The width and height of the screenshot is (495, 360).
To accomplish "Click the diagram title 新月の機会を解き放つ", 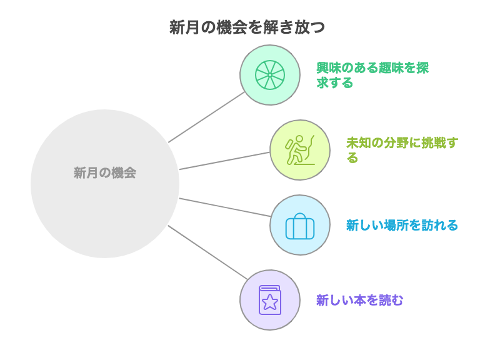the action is point(247,27).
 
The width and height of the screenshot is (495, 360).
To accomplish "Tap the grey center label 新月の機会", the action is point(105,173).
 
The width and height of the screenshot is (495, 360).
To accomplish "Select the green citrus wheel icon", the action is point(270,75).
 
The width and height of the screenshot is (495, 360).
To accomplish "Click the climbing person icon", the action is point(300,150).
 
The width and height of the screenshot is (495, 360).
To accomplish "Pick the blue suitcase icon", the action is point(300,226).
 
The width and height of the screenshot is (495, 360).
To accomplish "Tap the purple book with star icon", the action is point(270,300).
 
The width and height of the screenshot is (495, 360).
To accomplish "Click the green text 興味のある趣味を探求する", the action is point(372,75).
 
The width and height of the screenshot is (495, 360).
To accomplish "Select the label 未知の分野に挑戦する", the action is point(402,150).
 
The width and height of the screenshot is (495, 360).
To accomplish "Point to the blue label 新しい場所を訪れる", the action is point(402,225).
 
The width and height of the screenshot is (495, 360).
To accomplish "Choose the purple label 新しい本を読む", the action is point(360,300).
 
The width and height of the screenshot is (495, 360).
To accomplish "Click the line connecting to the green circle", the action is point(207,117).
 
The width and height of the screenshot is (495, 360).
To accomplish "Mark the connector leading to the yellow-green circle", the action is point(225,161).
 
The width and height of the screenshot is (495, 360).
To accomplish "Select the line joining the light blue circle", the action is point(225,207).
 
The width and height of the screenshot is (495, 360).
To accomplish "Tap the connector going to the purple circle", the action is point(207,252).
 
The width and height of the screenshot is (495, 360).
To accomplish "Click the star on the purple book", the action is point(270,302).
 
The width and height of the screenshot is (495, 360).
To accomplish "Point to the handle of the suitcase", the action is point(300,216).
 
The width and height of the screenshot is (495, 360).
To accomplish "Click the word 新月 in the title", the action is point(184,27).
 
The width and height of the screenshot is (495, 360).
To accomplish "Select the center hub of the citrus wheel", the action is point(270,75).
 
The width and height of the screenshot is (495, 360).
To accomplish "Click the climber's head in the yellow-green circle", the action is point(299,139).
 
